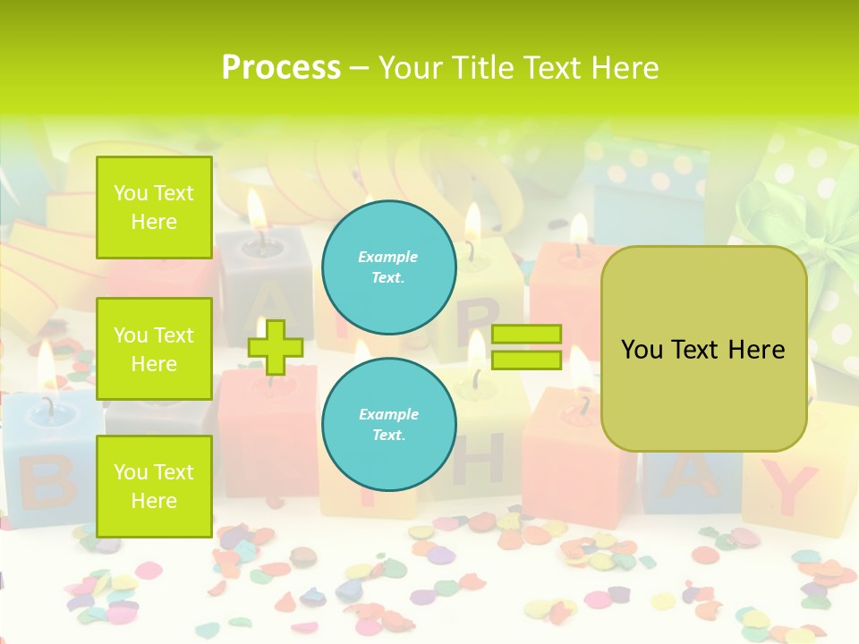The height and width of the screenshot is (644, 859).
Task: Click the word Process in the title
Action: pos(281,68)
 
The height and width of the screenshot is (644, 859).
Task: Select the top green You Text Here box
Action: pos(154,208)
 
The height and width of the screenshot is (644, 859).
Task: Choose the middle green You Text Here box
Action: pos(154,349)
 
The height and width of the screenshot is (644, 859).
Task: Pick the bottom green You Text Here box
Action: pos(154,486)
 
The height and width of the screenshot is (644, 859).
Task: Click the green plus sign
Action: pos(276,347)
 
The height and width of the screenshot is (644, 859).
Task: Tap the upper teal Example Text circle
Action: pos(388,267)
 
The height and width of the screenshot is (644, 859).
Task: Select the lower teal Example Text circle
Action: pos(388,424)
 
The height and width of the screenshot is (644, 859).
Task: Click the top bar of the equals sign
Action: pos(526,335)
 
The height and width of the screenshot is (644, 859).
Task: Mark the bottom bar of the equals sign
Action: pos(526,360)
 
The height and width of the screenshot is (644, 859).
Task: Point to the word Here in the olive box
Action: pos(756,349)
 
